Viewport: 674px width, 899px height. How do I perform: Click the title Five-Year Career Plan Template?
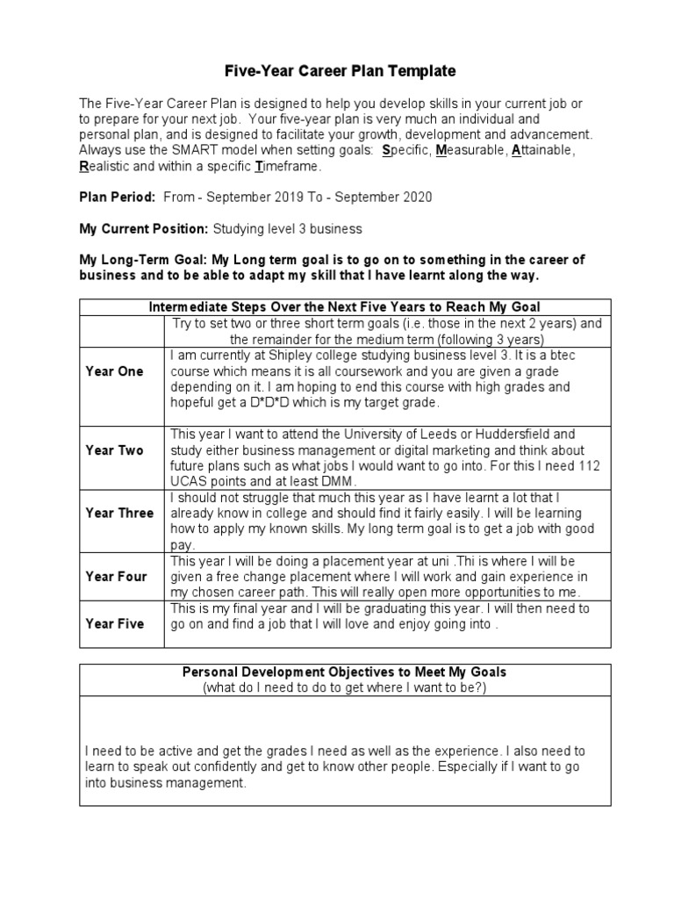(337, 70)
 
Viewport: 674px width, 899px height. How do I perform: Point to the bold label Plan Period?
(118, 198)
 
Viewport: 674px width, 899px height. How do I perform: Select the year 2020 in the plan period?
(415, 198)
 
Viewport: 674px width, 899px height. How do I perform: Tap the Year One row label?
(114, 371)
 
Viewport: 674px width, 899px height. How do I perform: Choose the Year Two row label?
(114, 450)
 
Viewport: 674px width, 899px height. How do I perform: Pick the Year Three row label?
(119, 513)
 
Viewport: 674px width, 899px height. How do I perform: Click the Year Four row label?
(116, 577)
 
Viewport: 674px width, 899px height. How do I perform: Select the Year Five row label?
(115, 623)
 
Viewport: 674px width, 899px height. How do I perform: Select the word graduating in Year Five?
(405, 608)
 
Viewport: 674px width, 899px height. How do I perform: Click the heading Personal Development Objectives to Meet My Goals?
(344, 672)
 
